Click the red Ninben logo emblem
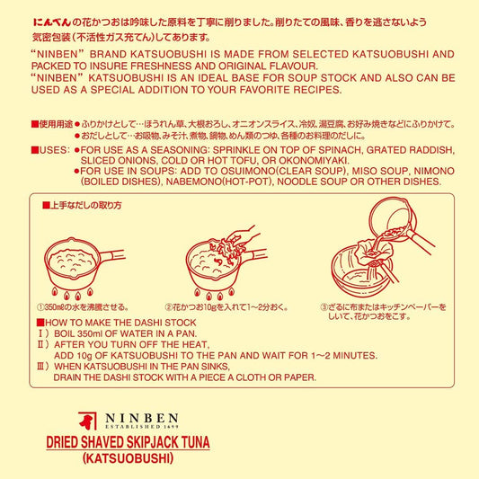click(x=87, y=421)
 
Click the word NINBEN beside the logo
click(x=142, y=418)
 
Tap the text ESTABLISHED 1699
click(x=142, y=427)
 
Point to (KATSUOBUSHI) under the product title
click(x=128, y=458)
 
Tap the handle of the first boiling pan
click(x=111, y=255)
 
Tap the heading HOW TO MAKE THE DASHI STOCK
click(x=120, y=323)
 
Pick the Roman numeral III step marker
click(x=43, y=367)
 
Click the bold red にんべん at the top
click(x=52, y=22)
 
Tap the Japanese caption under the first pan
click(x=83, y=307)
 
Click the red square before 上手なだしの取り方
click(x=46, y=205)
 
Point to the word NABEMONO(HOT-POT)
click(x=218, y=182)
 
